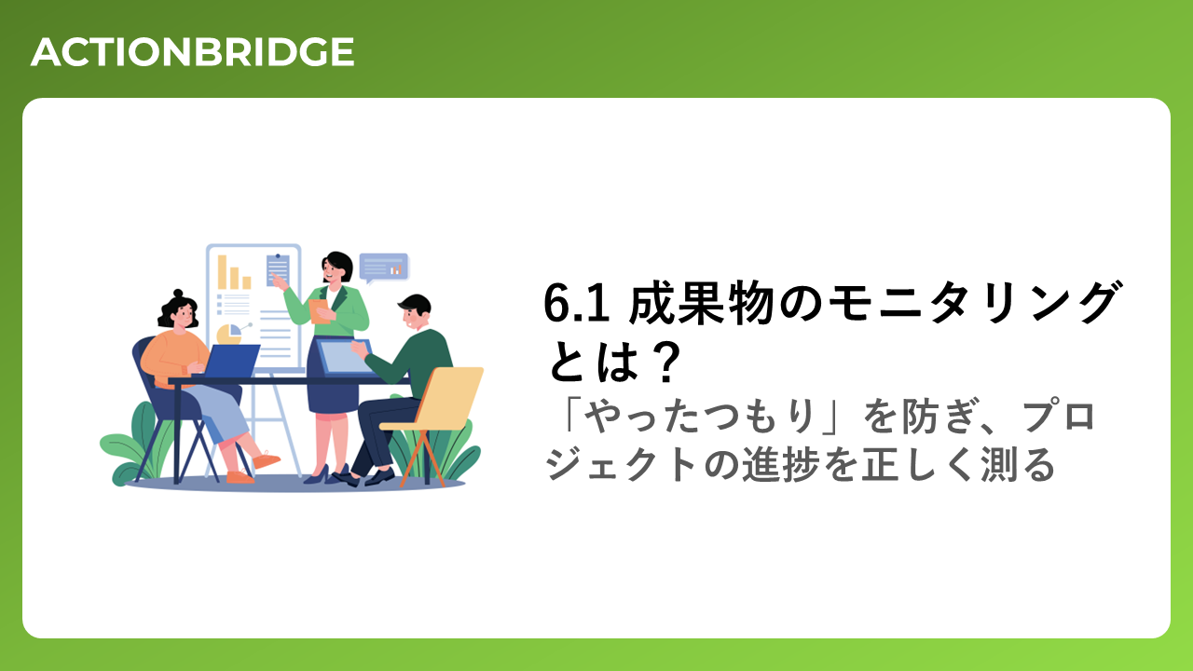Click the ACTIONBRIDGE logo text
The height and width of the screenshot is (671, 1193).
[192, 52]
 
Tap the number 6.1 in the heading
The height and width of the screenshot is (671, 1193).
[577, 304]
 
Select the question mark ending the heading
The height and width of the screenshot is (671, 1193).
[665, 363]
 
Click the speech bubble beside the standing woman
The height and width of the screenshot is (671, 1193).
[383, 267]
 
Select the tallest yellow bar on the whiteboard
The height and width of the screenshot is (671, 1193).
[222, 272]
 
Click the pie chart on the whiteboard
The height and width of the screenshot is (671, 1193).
[229, 334]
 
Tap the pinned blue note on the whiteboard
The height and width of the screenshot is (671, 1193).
[278, 269]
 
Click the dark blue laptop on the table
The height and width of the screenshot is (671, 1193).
[232, 361]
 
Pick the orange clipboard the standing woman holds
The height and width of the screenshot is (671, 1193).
[320, 311]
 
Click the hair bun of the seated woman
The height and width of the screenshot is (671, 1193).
[178, 294]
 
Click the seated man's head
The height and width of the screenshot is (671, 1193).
[415, 312]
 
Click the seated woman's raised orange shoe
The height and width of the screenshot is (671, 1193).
[266, 459]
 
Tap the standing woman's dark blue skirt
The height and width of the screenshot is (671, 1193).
[331, 379]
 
